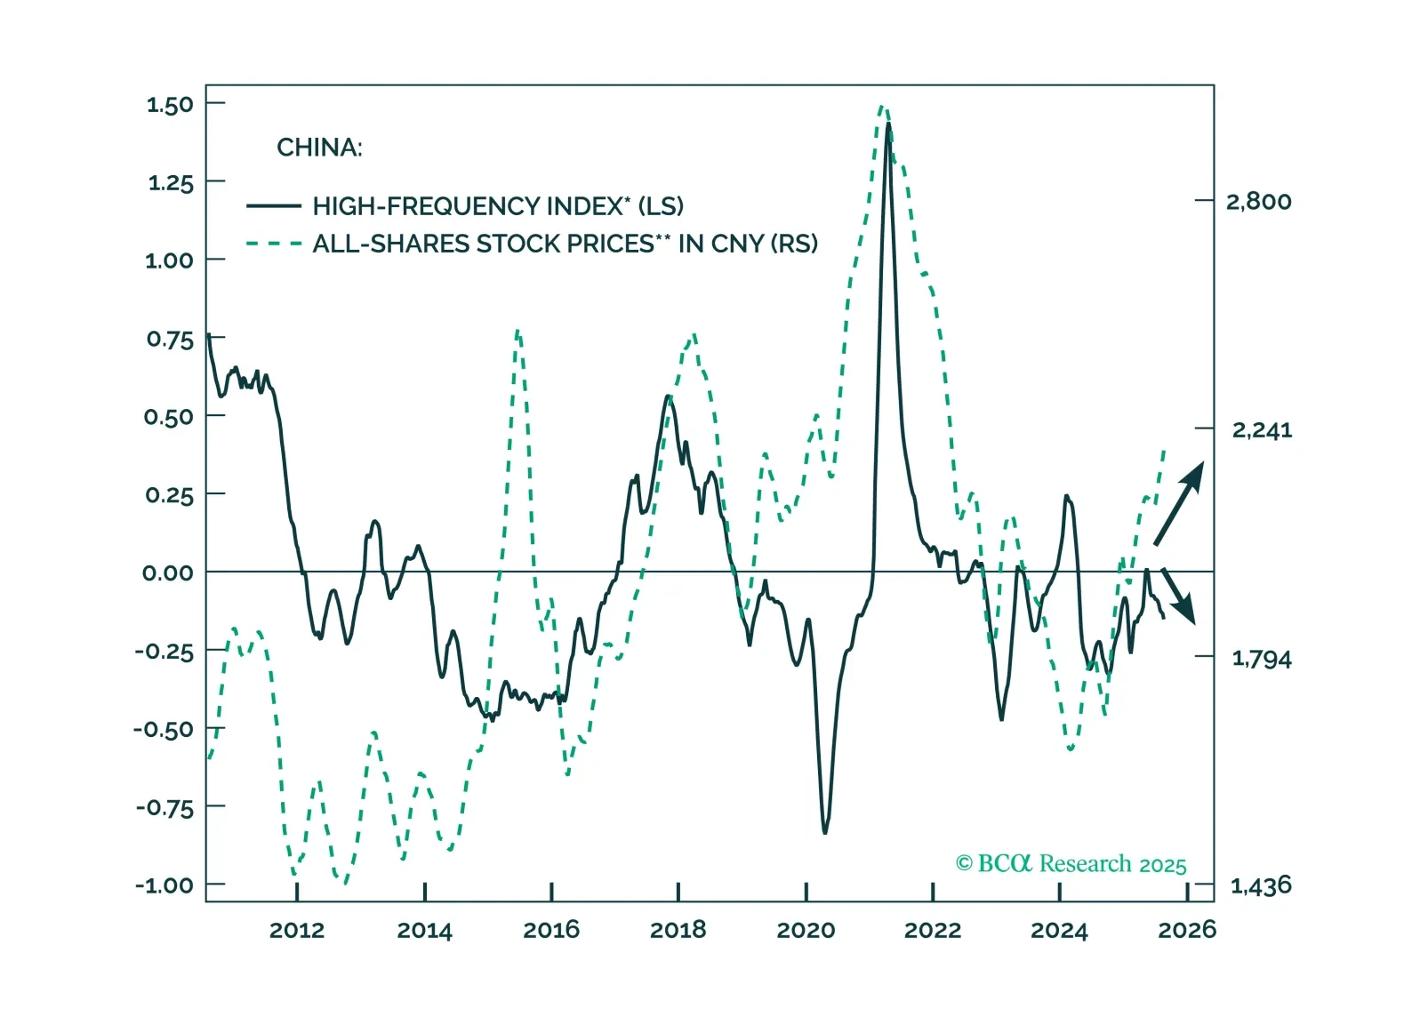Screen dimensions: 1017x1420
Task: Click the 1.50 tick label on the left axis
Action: pyautogui.click(x=170, y=105)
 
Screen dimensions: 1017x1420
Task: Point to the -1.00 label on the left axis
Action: pyautogui.click(x=164, y=885)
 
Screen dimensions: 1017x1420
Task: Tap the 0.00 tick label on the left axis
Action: pyautogui.click(x=168, y=573)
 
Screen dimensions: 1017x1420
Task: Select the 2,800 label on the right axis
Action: pyautogui.click(x=1258, y=202)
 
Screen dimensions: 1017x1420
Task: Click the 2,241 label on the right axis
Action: pyautogui.click(x=1262, y=430)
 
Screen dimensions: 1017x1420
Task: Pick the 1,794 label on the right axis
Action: pyautogui.click(x=1261, y=659)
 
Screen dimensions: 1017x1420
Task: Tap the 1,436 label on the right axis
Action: pyautogui.click(x=1261, y=885)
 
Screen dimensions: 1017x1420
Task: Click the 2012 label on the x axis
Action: pyautogui.click(x=297, y=931)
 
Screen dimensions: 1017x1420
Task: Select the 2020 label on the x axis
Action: pyautogui.click(x=806, y=931)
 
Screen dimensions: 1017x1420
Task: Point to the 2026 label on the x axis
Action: pyautogui.click(x=1186, y=931)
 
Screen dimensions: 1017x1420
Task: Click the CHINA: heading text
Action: pyautogui.click(x=319, y=148)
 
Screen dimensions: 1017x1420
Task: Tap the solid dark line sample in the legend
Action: pyautogui.click(x=273, y=206)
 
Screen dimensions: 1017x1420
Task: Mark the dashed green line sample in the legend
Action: pyautogui.click(x=273, y=244)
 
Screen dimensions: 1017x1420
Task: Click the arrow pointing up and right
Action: pyautogui.click(x=1179, y=503)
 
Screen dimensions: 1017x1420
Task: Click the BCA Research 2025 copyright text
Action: pyautogui.click(x=1071, y=864)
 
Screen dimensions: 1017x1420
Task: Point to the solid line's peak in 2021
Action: pyautogui.click(x=887, y=124)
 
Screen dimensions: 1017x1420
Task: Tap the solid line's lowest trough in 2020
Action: pyautogui.click(x=825, y=832)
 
